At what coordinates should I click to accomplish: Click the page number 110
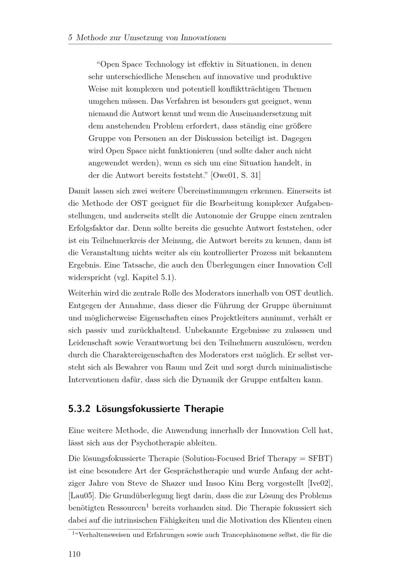[74, 554]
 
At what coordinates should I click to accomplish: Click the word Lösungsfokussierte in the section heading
[139, 409]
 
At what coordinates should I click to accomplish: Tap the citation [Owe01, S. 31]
[235, 176]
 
